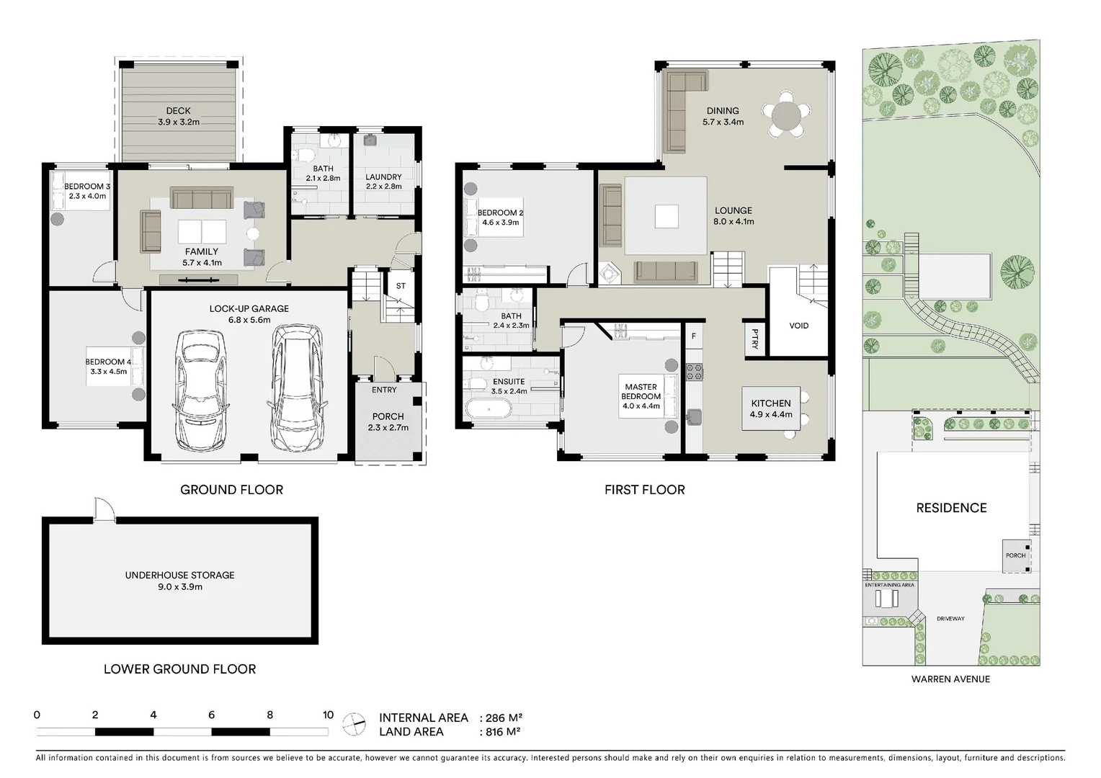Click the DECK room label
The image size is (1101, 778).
pos(178,111)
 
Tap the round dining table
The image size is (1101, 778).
pos(786,117)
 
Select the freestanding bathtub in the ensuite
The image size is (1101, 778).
pos(489,409)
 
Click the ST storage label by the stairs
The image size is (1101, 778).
pos(401,286)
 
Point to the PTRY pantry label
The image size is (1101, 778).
pos(755,339)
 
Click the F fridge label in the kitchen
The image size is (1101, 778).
pos(694,336)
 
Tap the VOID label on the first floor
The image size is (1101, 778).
pos(798,326)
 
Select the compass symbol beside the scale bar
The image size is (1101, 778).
pos(354,725)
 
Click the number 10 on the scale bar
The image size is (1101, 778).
pos(328,715)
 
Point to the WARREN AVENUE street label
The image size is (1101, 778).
pos(950,679)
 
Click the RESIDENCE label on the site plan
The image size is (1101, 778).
pos(951,508)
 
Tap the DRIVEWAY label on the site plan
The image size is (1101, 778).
pos(950,619)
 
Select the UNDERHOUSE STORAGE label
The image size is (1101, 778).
pos(180,575)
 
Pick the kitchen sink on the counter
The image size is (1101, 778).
pos(694,417)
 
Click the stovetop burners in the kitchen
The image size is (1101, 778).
pos(695,372)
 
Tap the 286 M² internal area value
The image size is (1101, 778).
pos(504,717)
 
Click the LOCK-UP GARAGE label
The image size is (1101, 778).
pos(249,308)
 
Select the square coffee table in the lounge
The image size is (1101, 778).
pos(667,217)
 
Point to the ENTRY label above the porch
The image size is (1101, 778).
pos(384,390)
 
